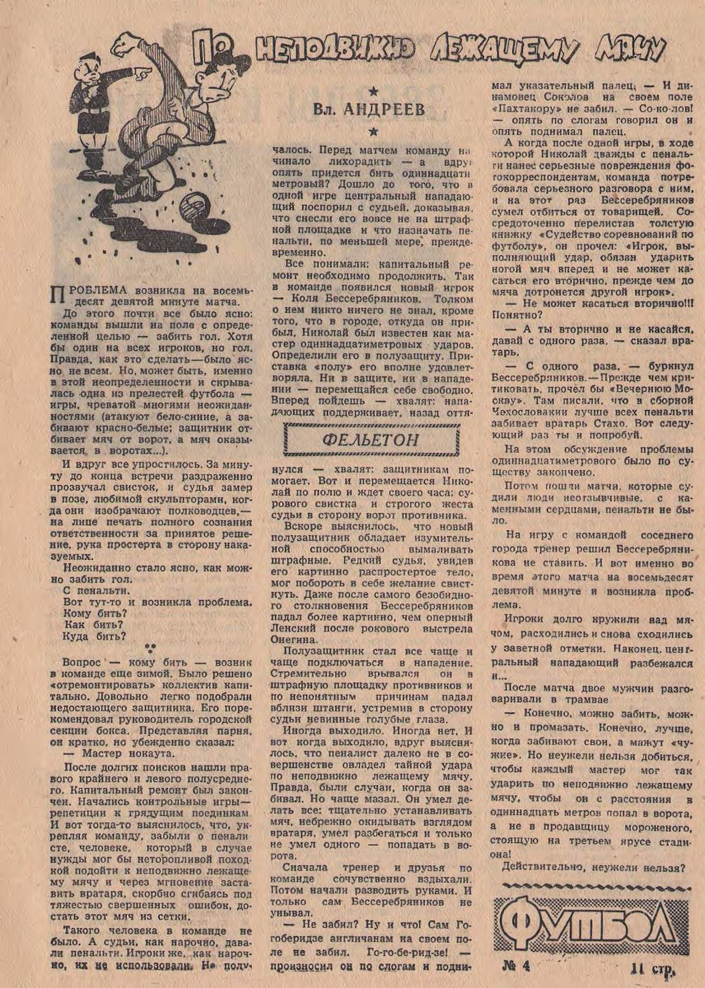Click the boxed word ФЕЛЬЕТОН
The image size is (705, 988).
[x=358, y=440]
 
